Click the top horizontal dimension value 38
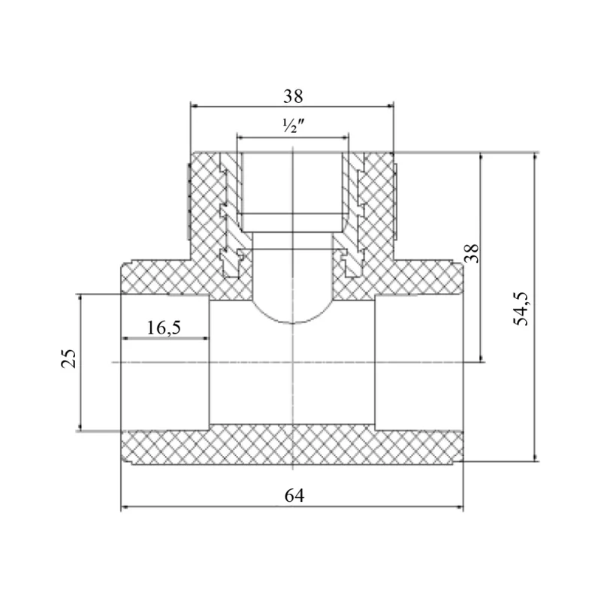293,96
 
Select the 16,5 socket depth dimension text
164,328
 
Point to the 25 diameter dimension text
69,359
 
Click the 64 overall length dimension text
294,496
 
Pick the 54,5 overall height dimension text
521,308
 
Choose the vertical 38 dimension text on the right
472,253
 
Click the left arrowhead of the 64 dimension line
125,508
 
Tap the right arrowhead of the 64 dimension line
460,508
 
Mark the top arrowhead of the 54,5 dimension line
535,157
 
